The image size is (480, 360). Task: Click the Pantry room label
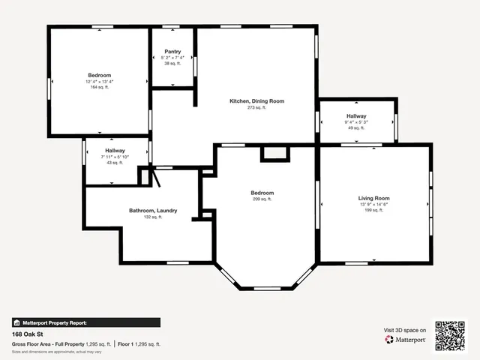[172, 52]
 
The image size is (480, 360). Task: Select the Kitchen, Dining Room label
[256, 101]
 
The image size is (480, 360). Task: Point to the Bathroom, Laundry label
[153, 211]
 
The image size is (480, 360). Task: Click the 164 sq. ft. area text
[100, 88]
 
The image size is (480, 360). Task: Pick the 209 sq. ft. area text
[262, 199]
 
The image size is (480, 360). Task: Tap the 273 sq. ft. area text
[256, 108]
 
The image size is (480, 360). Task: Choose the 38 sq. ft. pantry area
[172, 64]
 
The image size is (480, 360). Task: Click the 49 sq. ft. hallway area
[355, 128]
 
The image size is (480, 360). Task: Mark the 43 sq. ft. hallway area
[115, 163]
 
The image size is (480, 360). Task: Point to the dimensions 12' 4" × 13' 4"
[100, 82]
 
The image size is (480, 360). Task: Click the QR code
[451, 336]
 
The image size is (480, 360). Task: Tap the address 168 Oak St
[27, 334]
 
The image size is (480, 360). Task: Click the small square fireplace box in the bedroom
[274, 153]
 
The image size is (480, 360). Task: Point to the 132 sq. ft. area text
[153, 217]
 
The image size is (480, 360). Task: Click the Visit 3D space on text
[405, 330]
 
